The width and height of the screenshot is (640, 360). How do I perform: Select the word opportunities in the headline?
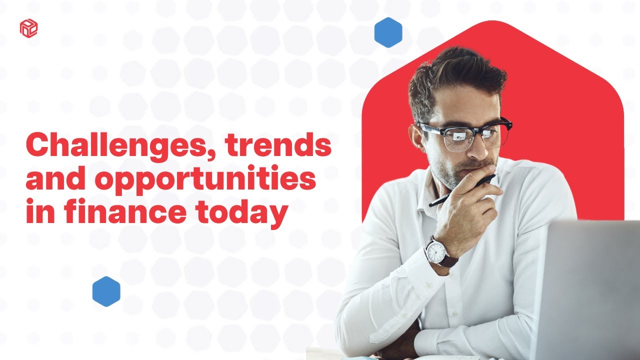click(x=205, y=180)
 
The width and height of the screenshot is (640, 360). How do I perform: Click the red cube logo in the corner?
click(x=28, y=27)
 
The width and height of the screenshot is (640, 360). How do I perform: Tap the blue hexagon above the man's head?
click(x=388, y=32)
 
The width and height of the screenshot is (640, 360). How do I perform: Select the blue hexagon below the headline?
click(x=106, y=291)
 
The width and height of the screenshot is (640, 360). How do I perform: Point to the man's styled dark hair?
click(x=455, y=75)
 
